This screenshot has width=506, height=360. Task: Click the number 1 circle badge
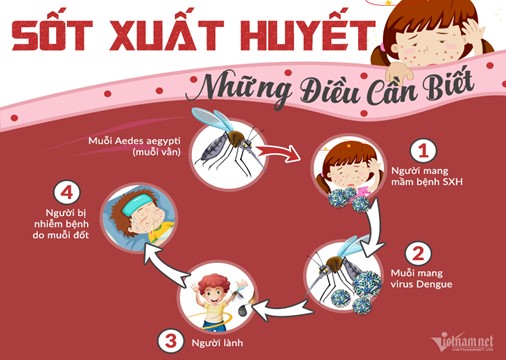pos(423,151)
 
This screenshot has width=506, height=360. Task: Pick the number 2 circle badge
pos(418,254)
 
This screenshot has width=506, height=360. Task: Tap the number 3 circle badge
pos(171,341)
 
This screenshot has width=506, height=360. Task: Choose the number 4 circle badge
pos(67,192)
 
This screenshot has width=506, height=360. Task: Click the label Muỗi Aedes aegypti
pos(134,146)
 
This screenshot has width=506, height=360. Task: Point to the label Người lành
pos(217,342)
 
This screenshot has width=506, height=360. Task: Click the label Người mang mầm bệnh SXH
pos(427,176)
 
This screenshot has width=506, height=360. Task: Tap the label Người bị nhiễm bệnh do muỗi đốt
pos(61,224)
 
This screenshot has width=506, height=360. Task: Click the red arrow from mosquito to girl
pos(277,153)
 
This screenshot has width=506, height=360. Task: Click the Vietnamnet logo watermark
pos(462,343)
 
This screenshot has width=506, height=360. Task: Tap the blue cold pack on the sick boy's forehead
pos(134,205)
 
